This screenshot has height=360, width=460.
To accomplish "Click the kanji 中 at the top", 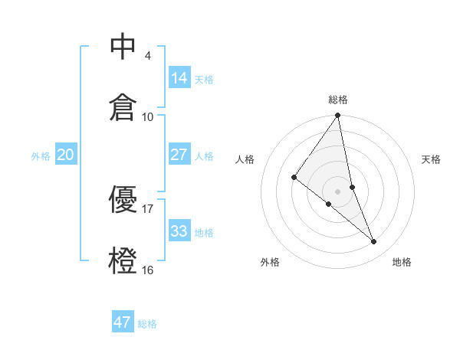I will click(123, 47).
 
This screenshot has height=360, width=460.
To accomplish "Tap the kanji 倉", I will click(123, 106).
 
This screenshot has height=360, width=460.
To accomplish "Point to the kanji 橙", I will click(123, 259).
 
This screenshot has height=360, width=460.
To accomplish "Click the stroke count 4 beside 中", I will click(147, 56).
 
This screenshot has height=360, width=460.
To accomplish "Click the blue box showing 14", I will click(179, 77).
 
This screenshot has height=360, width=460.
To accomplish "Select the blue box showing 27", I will click(179, 155).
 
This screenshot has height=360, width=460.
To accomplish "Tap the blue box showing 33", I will click(179, 231).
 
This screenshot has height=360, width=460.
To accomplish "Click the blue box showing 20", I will click(66, 155).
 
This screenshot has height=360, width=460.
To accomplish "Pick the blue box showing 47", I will click(123, 322).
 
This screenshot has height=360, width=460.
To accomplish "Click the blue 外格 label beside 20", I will click(41, 156).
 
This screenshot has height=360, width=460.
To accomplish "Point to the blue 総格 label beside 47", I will click(147, 324).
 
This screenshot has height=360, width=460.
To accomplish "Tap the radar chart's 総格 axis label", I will click(337, 100).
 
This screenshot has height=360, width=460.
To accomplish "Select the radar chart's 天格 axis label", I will click(431, 159).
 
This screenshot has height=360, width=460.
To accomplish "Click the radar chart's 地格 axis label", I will click(402, 262).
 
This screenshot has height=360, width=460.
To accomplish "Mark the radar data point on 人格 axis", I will click(294, 178).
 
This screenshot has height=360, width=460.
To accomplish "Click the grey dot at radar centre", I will click(337, 191).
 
